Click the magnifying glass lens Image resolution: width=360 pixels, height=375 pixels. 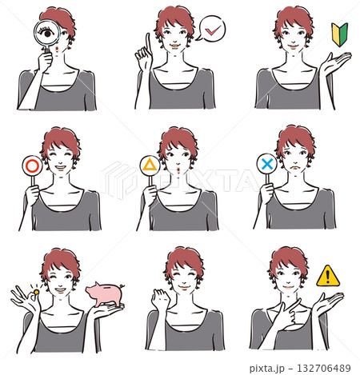click(47, 33)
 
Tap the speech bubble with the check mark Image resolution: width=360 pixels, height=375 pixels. click(211, 29)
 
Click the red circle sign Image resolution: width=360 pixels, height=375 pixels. click(32, 166)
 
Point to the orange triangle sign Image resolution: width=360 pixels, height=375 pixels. click(150, 166)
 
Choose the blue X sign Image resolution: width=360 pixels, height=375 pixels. click(267, 164)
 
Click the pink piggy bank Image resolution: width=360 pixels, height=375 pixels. click(105, 294)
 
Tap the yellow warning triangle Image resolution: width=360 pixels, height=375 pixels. click(328, 277)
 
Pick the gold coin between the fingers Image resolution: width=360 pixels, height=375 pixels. click(36, 292)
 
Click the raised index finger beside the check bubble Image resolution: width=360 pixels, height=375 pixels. click(148, 43)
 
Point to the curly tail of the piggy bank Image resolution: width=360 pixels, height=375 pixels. click(122, 286)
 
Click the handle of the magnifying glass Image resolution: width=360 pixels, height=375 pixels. click(47, 50)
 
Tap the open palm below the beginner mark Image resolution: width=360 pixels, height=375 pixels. click(334, 62)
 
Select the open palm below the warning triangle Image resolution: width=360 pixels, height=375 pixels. click(327, 301)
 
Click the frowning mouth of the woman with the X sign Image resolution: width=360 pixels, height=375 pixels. click(294, 167)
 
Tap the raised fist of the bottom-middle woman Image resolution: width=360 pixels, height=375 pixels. click(160, 299)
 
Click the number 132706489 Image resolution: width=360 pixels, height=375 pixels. click(324, 368)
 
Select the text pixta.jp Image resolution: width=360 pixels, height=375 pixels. click(267, 369)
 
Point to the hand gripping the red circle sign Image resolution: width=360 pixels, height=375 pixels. click(32, 195)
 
